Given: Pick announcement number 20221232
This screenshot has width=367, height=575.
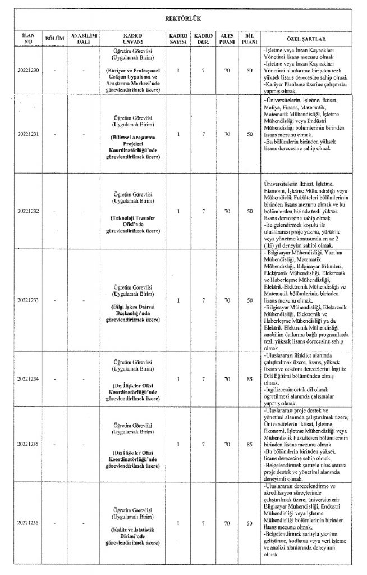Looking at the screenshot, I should click(28, 211).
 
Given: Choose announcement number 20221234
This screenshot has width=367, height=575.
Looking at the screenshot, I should click(28, 378).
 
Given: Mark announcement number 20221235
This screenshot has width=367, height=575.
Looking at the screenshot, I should click(28, 445).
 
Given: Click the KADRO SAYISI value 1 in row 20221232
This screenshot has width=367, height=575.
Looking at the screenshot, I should click(177, 211).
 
